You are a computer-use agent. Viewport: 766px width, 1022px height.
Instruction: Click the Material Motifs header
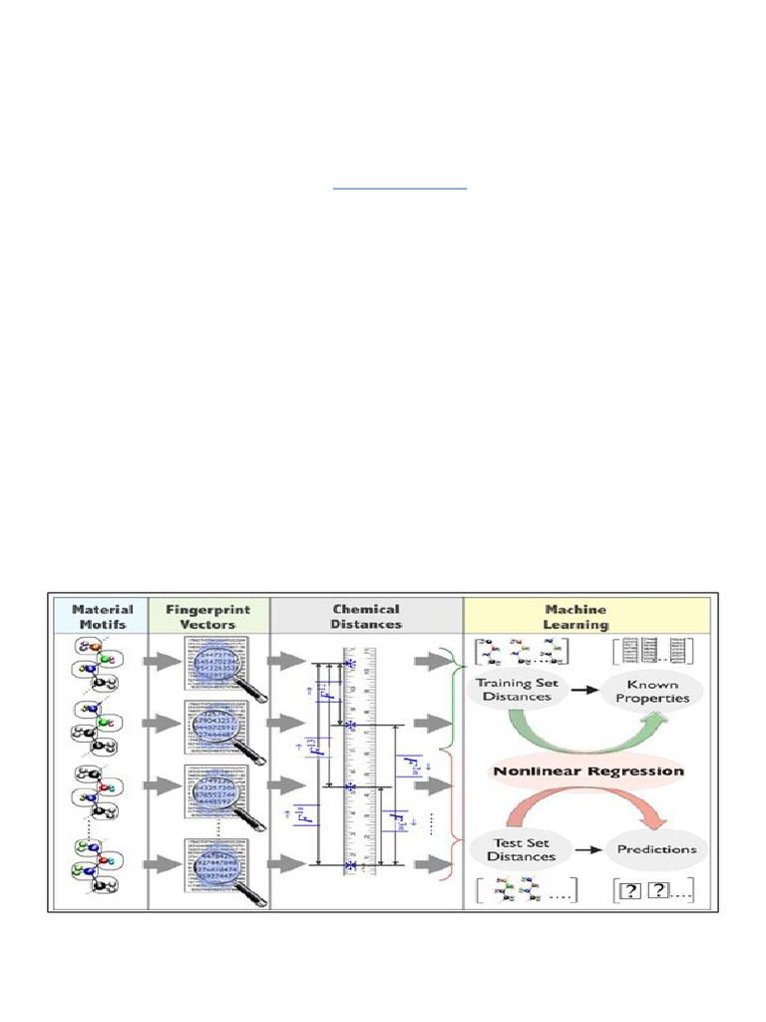(x=103, y=616)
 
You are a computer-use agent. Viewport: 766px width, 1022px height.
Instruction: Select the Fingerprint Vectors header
(x=208, y=616)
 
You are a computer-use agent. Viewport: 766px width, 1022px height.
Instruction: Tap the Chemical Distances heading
(x=366, y=616)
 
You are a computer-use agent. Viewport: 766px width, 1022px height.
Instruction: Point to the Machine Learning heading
(x=576, y=616)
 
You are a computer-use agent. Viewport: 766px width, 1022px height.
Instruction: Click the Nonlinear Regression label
(x=587, y=770)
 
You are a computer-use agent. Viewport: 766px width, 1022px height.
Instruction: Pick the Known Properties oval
(x=653, y=691)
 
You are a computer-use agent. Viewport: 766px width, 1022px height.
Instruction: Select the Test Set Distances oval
(x=521, y=849)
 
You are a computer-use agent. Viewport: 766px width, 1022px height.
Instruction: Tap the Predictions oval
(x=655, y=849)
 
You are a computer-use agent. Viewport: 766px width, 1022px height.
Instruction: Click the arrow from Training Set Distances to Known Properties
(x=584, y=690)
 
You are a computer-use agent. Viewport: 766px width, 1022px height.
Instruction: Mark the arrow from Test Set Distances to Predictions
(x=588, y=849)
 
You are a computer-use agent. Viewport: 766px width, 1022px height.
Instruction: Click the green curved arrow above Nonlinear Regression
(x=583, y=737)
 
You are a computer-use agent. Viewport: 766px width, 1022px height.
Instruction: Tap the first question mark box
(x=630, y=891)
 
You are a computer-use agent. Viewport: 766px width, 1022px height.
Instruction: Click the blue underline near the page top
(x=400, y=187)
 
